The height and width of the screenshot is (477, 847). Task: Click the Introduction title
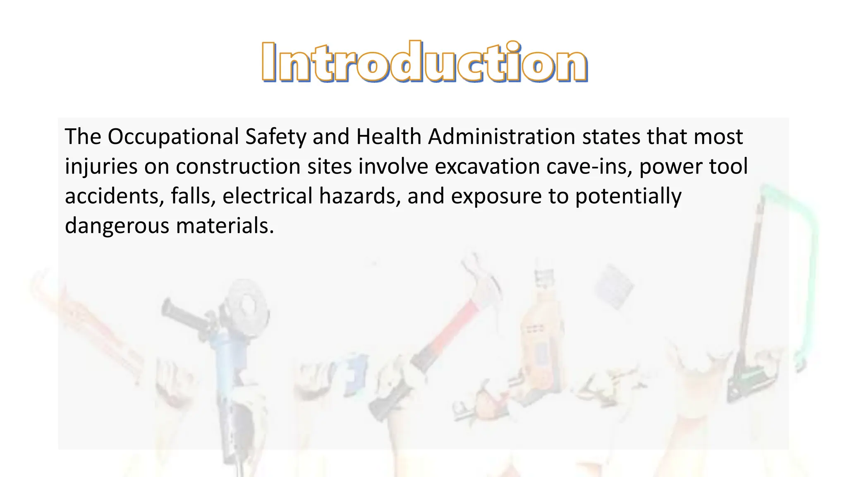coord(424,62)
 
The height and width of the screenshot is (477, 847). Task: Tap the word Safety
coord(275,137)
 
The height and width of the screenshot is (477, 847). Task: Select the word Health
coord(388,137)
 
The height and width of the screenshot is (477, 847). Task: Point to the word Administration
coord(501,137)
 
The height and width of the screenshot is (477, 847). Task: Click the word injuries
coord(101,166)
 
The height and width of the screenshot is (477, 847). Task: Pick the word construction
coord(238,166)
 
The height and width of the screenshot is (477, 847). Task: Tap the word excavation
coord(487,166)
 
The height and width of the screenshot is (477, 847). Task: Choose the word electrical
coord(267,196)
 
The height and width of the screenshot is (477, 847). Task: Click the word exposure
coord(496,196)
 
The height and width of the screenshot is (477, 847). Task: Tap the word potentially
coord(628,196)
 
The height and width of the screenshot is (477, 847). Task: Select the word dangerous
coord(117,226)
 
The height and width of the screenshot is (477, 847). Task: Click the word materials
coord(225,226)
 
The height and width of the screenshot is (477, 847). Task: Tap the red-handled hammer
coord(451,327)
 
